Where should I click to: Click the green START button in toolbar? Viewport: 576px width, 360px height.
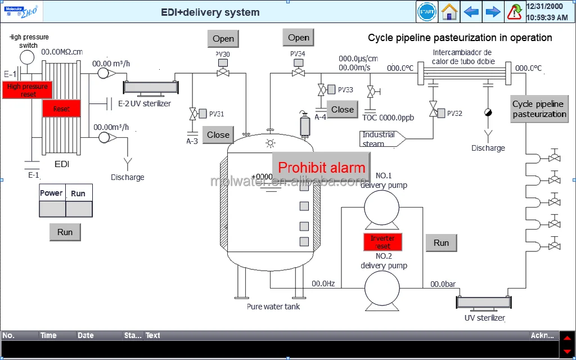427,12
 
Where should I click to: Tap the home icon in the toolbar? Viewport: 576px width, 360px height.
449,12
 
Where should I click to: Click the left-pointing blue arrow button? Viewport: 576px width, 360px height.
471,12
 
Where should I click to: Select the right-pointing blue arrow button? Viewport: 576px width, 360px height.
493,12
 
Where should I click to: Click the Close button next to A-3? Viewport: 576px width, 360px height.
218,135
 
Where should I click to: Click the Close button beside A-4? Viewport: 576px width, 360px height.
342,110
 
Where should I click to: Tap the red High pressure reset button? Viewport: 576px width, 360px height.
28,90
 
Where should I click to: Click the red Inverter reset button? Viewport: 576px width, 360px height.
382,242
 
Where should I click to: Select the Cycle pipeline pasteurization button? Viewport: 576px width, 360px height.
539,109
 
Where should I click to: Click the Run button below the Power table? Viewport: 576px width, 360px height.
65,232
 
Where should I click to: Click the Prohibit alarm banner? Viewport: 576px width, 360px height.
321,167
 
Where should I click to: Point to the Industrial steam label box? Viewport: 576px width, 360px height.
380,138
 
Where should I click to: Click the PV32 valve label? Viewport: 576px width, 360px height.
454,114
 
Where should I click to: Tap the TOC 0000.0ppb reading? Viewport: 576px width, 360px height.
388,118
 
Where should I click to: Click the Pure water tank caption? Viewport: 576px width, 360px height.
273,307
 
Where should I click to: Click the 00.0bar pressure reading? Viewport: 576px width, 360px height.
443,284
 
